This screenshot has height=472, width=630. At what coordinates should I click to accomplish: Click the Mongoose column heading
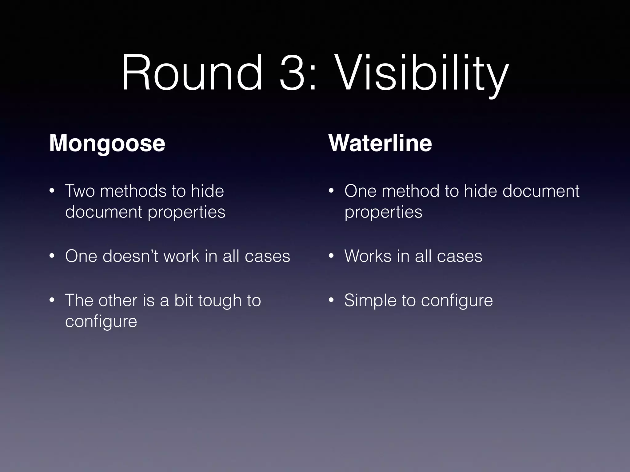point(107,143)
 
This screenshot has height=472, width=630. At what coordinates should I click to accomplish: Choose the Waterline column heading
point(380,143)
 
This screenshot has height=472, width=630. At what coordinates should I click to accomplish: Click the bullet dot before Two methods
point(52,191)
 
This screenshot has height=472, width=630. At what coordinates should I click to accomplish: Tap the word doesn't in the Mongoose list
point(130,256)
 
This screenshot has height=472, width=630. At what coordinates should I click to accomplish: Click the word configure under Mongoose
point(101,322)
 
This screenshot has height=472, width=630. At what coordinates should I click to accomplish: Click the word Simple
point(370,301)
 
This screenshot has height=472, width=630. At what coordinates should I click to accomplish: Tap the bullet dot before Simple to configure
point(331,301)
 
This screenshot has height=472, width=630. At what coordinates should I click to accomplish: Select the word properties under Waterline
point(383,212)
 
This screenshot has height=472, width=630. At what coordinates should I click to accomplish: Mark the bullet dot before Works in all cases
point(331,256)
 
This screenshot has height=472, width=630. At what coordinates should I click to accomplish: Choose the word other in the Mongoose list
point(118,300)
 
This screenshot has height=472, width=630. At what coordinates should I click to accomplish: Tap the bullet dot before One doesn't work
point(52,256)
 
